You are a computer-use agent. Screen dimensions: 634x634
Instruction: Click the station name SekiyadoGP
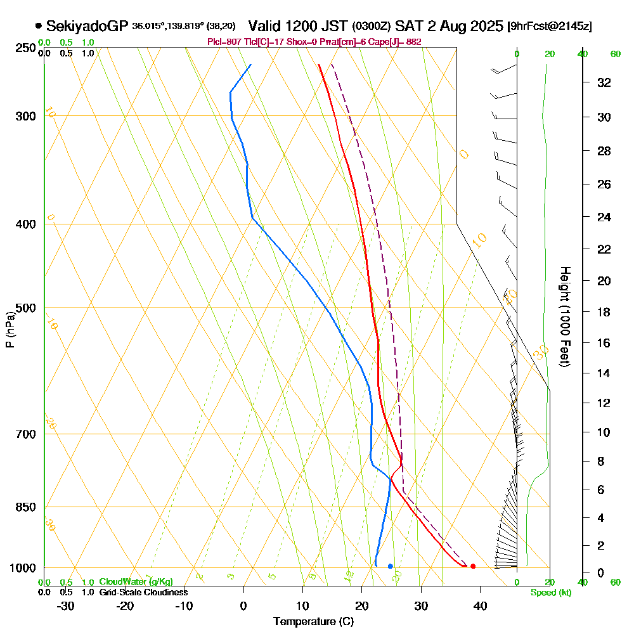[87, 26]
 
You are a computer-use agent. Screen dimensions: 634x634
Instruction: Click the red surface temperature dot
[473, 566]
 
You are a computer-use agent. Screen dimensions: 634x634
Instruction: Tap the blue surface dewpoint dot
[390, 566]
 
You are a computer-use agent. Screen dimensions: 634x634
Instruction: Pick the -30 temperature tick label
[66, 605]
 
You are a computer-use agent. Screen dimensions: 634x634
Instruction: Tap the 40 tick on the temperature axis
[480, 605]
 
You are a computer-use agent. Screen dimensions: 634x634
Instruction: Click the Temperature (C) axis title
[313, 622]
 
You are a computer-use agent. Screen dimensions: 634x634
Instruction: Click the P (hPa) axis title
[10, 330]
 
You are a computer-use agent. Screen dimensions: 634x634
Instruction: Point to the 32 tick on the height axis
[605, 82]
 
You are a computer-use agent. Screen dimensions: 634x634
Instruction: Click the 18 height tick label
[605, 312]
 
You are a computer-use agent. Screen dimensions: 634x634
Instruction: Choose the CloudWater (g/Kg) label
[135, 582]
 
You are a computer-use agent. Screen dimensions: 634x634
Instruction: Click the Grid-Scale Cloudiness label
[143, 592]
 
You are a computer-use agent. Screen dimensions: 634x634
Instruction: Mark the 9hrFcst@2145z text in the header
[550, 27]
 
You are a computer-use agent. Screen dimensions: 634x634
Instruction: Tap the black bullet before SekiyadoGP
[39, 26]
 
